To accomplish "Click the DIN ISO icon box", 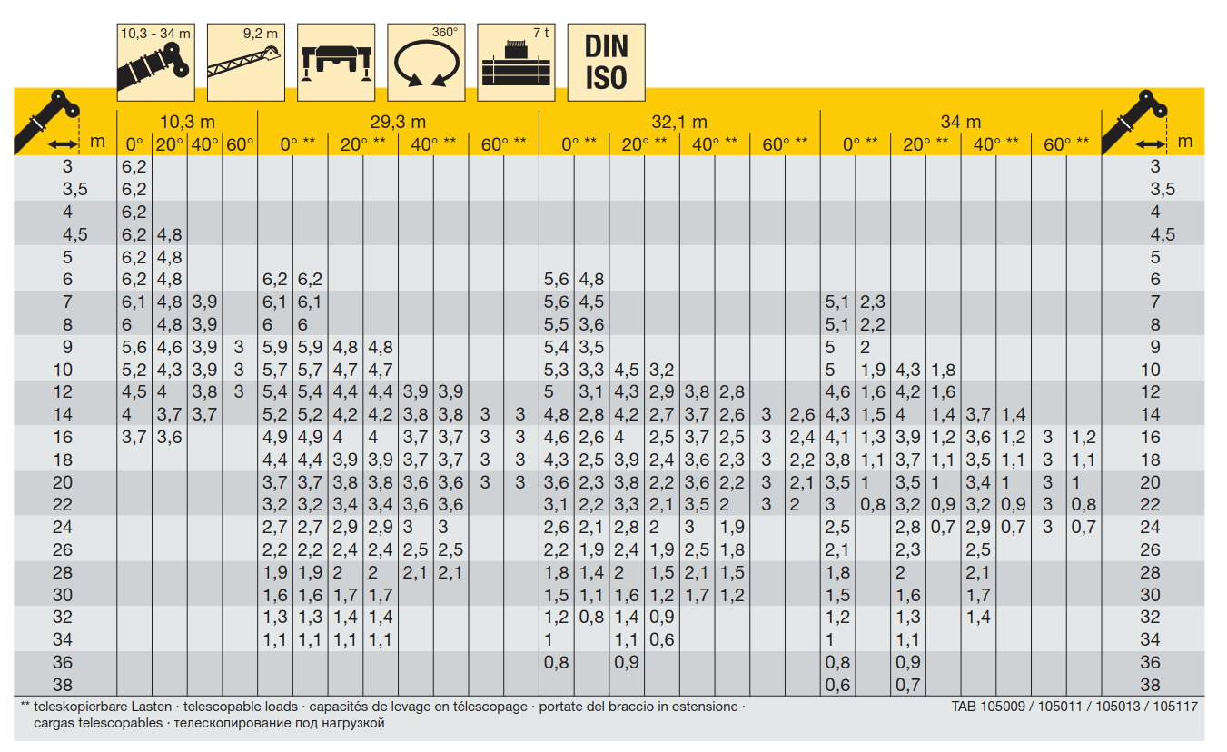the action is [x=607, y=63].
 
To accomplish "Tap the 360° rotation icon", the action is [x=426, y=63].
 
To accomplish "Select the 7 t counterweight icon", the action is [x=516, y=63].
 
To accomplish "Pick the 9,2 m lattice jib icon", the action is [x=246, y=63].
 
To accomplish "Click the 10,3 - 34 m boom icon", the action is [x=156, y=63].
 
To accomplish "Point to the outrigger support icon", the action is [x=336, y=63].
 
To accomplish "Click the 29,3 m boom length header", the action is [x=398, y=122].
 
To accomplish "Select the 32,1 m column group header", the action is [x=679, y=122].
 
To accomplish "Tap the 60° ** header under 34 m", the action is [x=1066, y=144].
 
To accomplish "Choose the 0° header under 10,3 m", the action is [x=134, y=144].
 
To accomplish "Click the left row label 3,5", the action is [x=75, y=190].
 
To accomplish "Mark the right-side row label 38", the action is [x=1151, y=685].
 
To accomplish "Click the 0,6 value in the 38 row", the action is [x=837, y=685].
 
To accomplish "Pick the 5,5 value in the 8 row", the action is [x=556, y=325].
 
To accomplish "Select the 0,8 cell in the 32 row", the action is [x=591, y=618].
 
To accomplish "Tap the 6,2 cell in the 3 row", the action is [x=134, y=166].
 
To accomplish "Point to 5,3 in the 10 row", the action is [x=556, y=370].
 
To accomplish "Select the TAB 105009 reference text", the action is [x=988, y=707].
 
